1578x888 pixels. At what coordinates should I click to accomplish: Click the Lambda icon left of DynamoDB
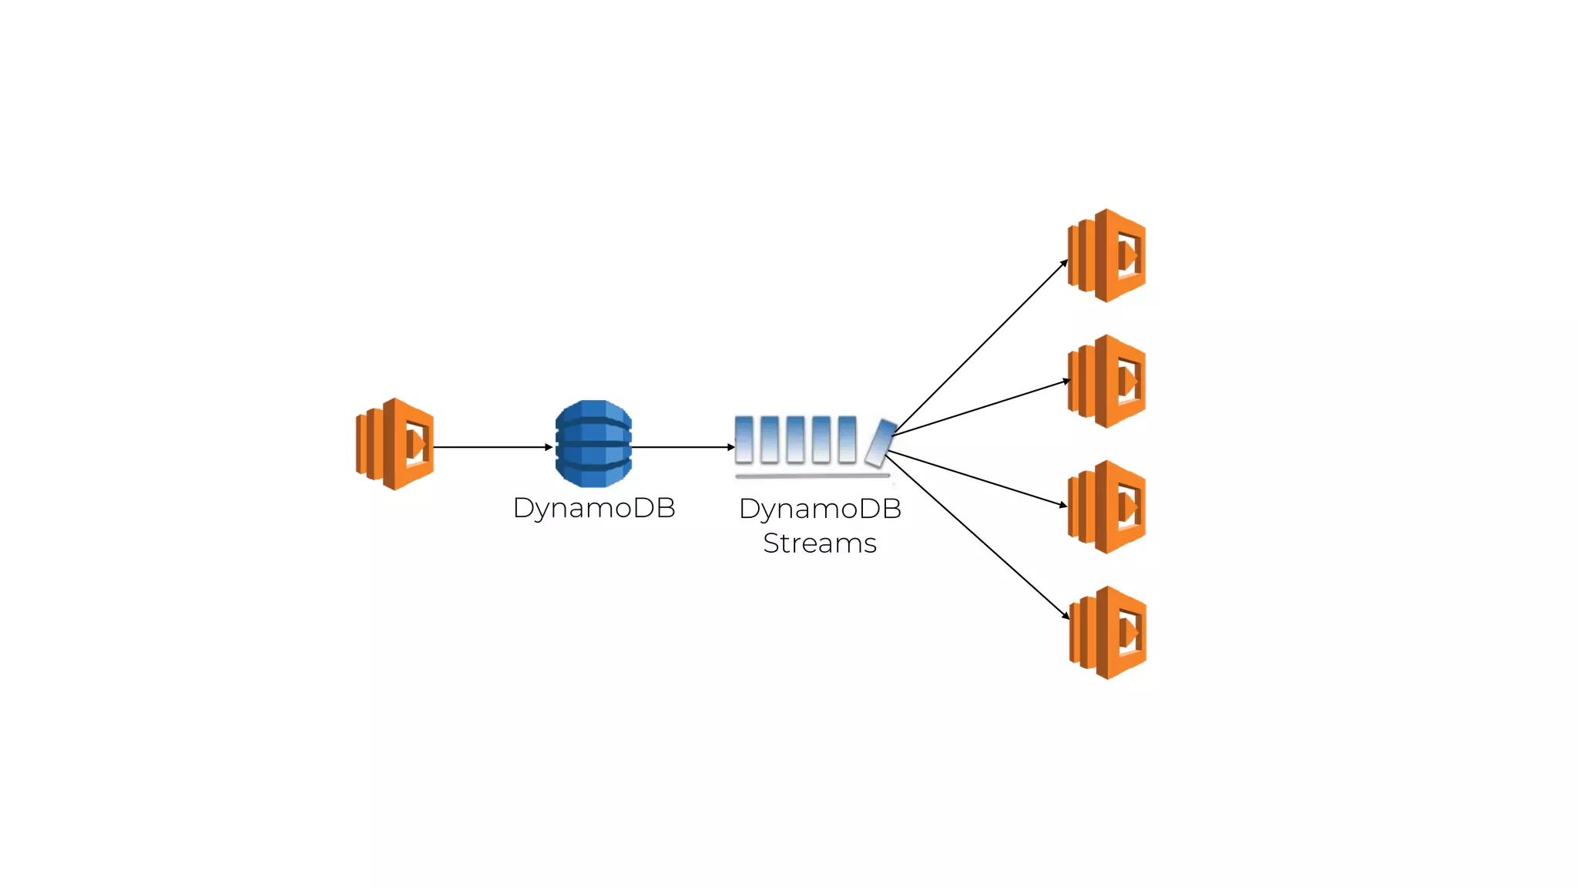pos(394,444)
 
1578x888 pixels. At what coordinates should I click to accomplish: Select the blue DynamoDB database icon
pos(593,443)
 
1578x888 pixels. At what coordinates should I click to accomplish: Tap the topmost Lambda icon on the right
pos(1107,255)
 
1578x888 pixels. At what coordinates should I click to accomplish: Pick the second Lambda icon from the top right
pos(1107,381)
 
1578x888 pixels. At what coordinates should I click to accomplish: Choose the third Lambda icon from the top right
pos(1107,506)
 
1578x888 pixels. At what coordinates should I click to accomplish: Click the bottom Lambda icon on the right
pos(1108,632)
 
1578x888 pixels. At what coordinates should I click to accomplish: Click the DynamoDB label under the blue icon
pos(594,508)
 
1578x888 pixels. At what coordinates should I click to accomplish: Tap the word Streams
pos(820,543)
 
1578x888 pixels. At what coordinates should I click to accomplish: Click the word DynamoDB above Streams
pos(820,509)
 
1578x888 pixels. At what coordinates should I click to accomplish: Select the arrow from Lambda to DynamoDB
pos(493,447)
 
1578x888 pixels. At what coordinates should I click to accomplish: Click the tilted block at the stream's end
pos(880,443)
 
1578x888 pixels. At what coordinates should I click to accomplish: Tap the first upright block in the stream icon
pos(744,439)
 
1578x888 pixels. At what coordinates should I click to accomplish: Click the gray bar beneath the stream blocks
pos(813,476)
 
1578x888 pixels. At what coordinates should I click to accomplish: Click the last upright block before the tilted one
pos(847,439)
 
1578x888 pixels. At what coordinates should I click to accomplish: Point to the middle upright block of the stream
pos(795,439)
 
